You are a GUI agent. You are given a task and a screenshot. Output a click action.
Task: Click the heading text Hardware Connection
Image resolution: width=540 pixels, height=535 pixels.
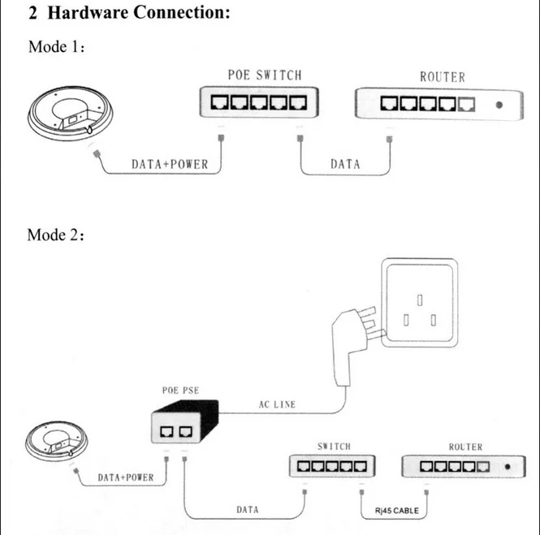coord(138,12)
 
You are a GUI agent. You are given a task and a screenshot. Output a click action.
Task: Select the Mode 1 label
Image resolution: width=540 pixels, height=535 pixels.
coord(57,47)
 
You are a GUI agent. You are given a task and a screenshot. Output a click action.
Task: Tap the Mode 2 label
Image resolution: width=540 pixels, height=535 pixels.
coord(56,235)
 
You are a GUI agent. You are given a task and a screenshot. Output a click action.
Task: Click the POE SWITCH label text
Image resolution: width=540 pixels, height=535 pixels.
coord(265,75)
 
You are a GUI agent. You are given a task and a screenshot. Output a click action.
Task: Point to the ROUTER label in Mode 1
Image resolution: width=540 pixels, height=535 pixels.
coord(443,77)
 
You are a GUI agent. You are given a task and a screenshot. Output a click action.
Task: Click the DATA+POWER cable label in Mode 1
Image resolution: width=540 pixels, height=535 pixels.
coord(170,164)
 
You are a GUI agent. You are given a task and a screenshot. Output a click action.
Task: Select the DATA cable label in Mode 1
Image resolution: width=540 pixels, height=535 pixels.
coord(345,164)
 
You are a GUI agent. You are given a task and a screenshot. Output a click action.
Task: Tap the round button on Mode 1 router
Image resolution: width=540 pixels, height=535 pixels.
coord(499,105)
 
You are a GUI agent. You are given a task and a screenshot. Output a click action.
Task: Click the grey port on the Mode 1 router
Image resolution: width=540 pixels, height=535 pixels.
coord(466,104)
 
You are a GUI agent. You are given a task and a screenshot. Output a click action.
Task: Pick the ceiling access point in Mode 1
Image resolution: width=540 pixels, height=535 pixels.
coord(71,114)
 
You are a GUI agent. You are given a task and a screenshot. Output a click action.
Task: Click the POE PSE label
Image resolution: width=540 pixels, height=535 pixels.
coord(180,390)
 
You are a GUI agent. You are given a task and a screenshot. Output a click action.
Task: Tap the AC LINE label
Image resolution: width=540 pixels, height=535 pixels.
coord(277,404)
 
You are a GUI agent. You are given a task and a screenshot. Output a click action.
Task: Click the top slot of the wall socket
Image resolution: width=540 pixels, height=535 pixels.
coord(420,300)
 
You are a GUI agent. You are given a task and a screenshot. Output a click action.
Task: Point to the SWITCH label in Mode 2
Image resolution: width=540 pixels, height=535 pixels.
coord(334,447)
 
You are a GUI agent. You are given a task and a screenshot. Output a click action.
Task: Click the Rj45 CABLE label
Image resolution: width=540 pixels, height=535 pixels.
coord(397,511)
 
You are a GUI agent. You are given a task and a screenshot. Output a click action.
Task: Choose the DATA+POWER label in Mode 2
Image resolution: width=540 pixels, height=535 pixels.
coord(126,477)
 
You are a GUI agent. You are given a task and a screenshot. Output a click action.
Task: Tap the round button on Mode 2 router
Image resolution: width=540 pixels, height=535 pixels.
coord(508,467)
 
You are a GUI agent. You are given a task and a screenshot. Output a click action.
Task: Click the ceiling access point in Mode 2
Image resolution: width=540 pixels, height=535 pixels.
coord(57,441)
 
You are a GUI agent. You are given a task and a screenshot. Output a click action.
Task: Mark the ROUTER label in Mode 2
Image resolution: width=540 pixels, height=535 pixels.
coord(465,447)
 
